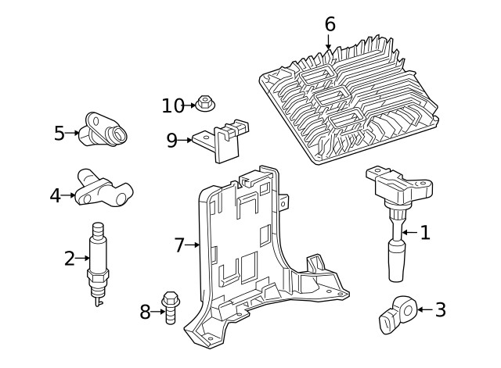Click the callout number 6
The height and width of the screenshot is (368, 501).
330,24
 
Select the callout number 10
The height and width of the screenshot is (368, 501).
172,105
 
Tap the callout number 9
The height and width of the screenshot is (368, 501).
172,141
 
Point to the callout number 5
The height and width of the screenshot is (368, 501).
59,134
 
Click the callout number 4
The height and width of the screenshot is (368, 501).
55,195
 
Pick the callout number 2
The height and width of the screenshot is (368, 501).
69,258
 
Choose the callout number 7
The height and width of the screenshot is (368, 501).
179,245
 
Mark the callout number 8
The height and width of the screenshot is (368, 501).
145,313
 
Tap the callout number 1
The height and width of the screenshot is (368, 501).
425,232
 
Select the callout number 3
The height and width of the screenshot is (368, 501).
440,310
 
